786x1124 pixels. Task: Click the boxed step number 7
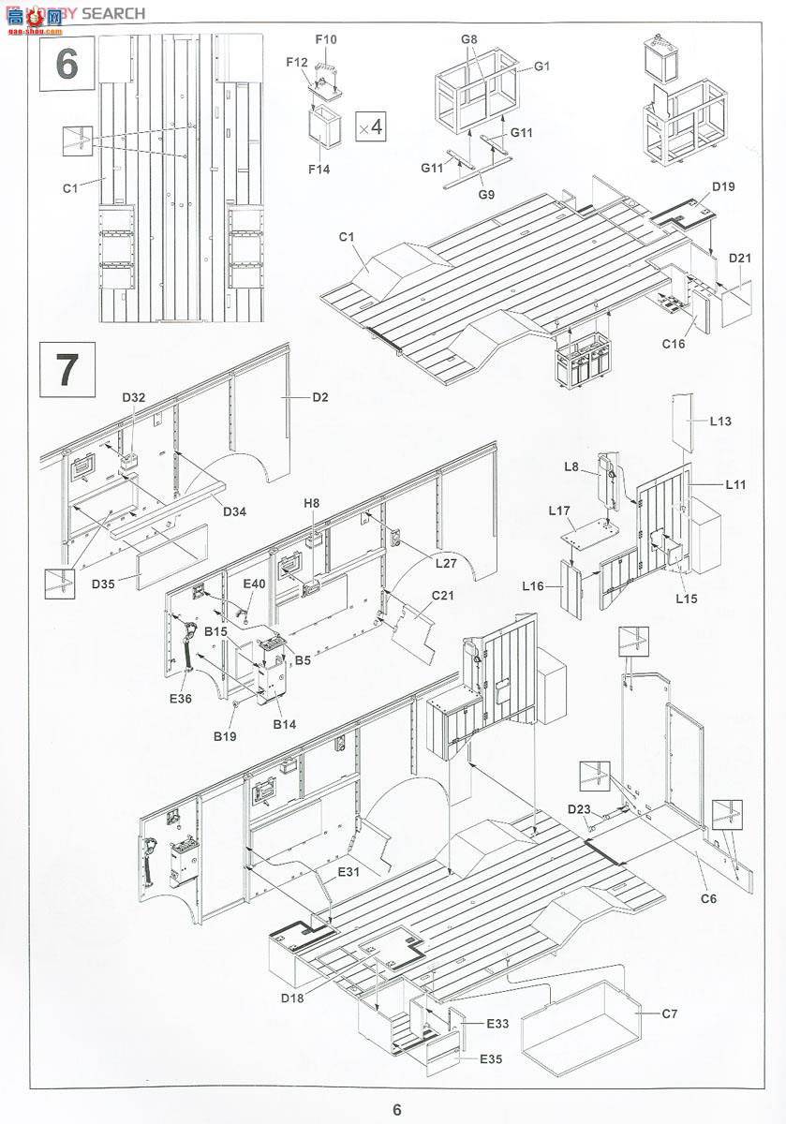[x=67, y=370]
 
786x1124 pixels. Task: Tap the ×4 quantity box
[x=371, y=126]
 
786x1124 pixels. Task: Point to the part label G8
[x=470, y=39]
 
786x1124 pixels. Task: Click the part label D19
[x=722, y=186]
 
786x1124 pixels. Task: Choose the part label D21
[x=740, y=258]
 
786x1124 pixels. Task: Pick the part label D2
[x=320, y=397]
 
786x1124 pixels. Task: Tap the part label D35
[x=103, y=585]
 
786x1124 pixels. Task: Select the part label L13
[x=719, y=421]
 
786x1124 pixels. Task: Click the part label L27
[x=446, y=563]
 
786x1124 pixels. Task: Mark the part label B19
[x=225, y=737]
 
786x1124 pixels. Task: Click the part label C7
[x=669, y=1013]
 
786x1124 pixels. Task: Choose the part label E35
[x=492, y=1059]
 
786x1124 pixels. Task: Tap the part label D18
[x=291, y=997]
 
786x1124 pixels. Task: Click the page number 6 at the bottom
[x=397, y=1109]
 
